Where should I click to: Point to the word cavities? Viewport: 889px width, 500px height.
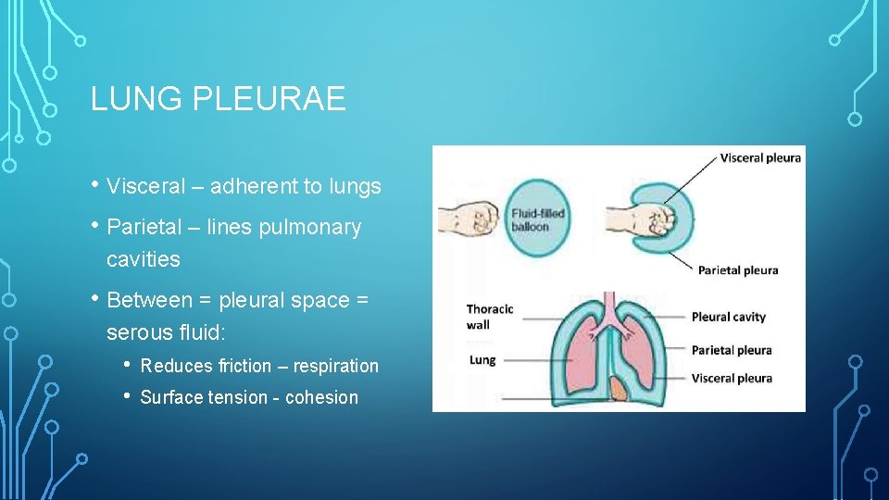(144, 259)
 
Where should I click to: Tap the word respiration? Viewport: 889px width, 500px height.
(336, 366)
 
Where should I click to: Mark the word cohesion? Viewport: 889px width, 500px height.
(321, 397)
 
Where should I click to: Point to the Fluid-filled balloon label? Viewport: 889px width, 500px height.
(537, 220)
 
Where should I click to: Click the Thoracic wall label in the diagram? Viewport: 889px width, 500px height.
(489, 317)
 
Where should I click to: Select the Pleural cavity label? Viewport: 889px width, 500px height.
(729, 317)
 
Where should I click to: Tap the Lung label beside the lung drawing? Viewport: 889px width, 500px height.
(482, 359)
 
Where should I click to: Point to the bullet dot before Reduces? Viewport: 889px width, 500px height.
(129, 366)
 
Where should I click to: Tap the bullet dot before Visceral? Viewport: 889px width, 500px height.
(96, 186)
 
